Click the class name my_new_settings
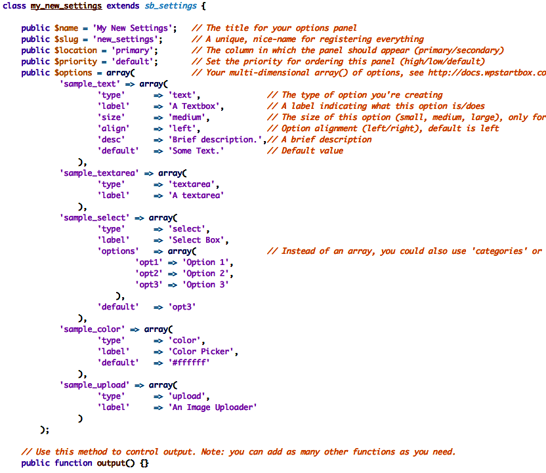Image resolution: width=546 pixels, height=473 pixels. pos(66,6)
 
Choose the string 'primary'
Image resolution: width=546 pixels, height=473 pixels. pos(134,51)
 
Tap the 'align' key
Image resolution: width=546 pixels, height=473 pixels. pos(113,129)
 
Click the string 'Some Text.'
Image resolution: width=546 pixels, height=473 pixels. pos(198,151)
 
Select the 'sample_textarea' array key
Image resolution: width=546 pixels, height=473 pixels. pos(99,173)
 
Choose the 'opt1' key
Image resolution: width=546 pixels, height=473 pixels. pos(148,262)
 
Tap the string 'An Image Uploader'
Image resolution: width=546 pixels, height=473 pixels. pos(213,407)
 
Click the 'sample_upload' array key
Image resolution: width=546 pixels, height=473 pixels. pos(94,385)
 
